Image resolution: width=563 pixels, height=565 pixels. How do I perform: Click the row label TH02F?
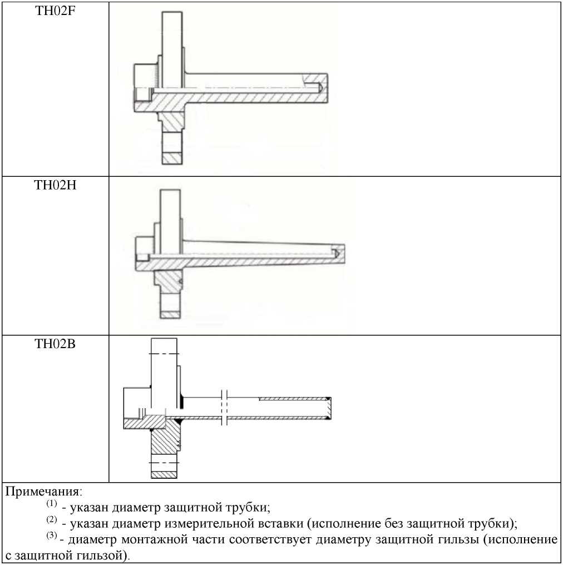pyautogui.click(x=55, y=11)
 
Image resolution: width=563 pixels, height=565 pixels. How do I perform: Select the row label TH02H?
pyautogui.click(x=55, y=185)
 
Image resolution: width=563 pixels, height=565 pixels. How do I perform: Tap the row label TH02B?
pyautogui.click(x=55, y=344)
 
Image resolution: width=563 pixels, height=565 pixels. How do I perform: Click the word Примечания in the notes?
pyautogui.click(x=43, y=492)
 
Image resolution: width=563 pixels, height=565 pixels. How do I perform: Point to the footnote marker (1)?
pyautogui.click(x=52, y=503)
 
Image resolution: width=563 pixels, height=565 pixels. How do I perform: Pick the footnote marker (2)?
pyautogui.click(x=52, y=519)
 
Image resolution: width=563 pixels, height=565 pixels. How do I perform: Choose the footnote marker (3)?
pyautogui.click(x=52, y=536)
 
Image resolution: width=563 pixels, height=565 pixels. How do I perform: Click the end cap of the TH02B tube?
pyautogui.click(x=328, y=408)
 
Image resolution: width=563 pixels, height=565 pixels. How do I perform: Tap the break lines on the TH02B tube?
pyautogui.click(x=224, y=407)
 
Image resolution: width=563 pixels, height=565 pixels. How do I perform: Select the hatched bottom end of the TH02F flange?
pyautogui.click(x=172, y=158)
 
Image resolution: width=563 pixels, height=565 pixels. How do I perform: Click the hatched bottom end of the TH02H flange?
pyautogui.click(x=170, y=315)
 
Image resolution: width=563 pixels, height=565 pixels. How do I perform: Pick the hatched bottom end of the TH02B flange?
pyautogui.click(x=164, y=474)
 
